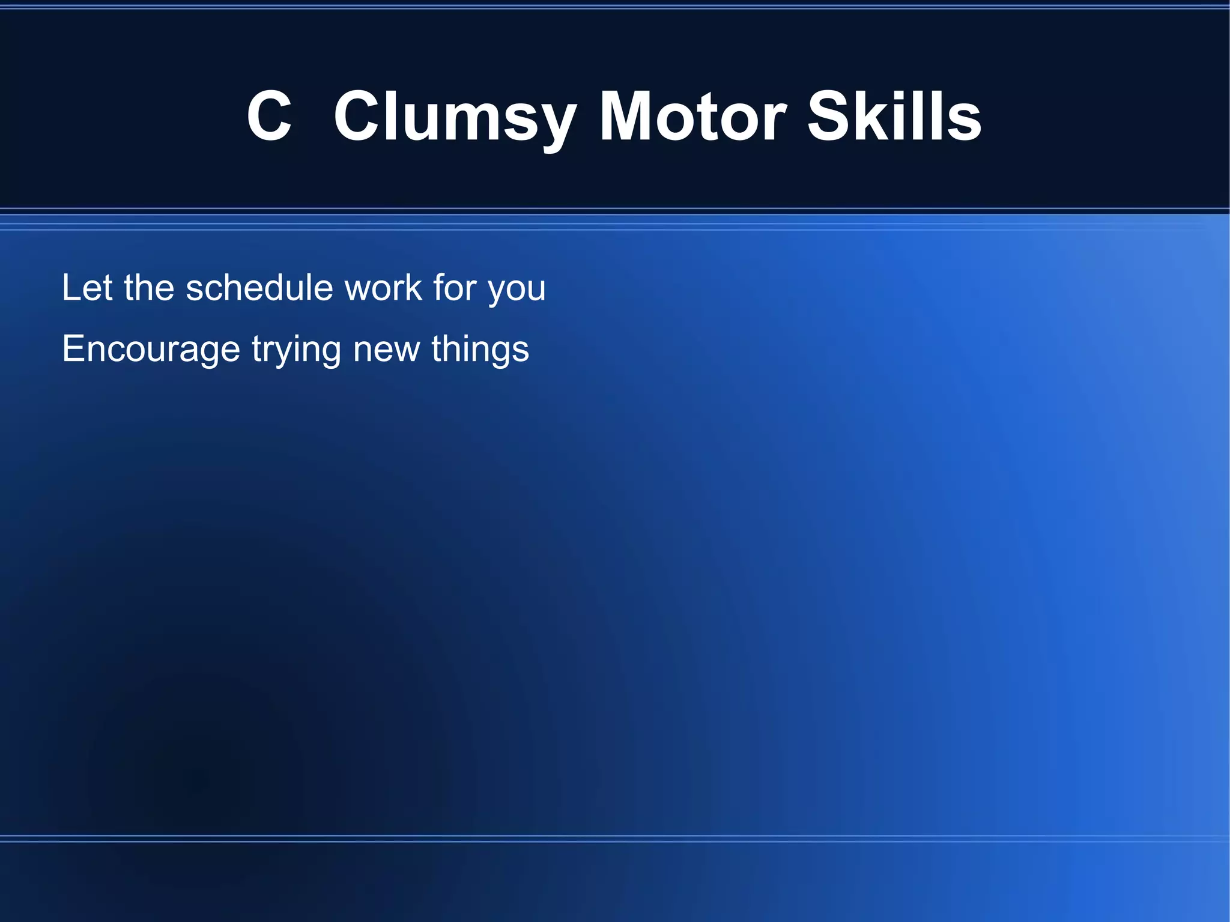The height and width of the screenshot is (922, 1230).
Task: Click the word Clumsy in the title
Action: pyautogui.click(x=455, y=117)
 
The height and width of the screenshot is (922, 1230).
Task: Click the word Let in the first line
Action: pyautogui.click(x=87, y=288)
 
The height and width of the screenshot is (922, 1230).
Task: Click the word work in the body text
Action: pyautogui.click(x=383, y=288)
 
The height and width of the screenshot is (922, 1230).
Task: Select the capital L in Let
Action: pyautogui.click(x=71, y=288)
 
